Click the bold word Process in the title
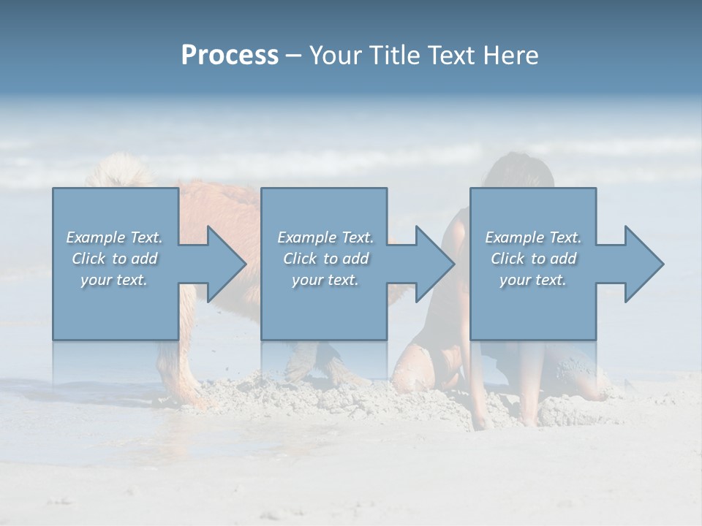(230, 56)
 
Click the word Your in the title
(334, 56)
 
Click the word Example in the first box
(96, 237)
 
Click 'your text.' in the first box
(114, 280)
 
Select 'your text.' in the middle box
(325, 280)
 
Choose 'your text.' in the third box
(533, 280)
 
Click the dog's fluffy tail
(117, 171)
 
